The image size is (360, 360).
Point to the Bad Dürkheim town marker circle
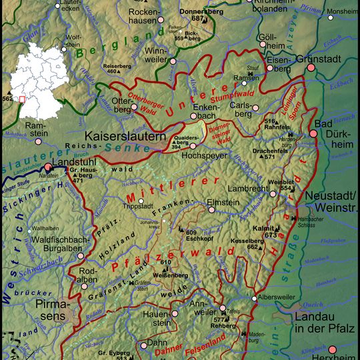[x=313, y=134]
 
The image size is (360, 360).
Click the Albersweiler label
[x=281, y=298]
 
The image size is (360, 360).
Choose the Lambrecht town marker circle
[x=273, y=193]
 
